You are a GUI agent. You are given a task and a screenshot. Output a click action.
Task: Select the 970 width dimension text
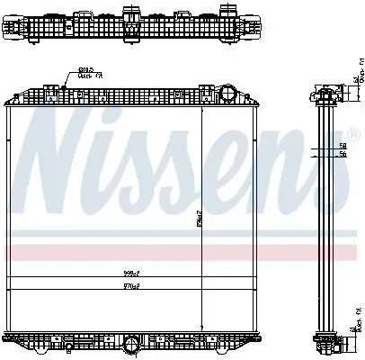[132, 286]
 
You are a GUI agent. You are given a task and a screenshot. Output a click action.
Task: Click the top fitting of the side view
[326, 93]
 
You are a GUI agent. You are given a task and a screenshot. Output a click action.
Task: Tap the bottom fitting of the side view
[326, 342]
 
